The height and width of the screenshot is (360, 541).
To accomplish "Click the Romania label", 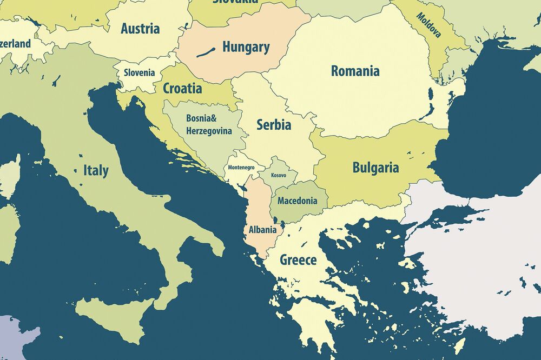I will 355,71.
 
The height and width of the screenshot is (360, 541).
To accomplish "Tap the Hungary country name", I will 246,47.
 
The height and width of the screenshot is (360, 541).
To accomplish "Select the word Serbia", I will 274,125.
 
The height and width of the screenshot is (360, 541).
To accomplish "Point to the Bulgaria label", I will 375,168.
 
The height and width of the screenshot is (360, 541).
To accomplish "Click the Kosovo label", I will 279,176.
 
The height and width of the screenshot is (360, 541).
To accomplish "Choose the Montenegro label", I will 241,168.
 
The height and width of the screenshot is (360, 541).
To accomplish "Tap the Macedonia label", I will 297,201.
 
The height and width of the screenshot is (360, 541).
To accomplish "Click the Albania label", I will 262,230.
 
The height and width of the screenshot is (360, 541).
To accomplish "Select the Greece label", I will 298,260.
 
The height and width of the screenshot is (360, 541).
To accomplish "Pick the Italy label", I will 96,171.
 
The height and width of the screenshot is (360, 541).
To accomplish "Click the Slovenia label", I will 139,72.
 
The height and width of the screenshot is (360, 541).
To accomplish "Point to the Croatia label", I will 182,89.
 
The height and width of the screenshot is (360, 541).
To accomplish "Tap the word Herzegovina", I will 209,131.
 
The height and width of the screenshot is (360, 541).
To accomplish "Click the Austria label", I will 140,29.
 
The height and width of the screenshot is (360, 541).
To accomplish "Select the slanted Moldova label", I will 428,25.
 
